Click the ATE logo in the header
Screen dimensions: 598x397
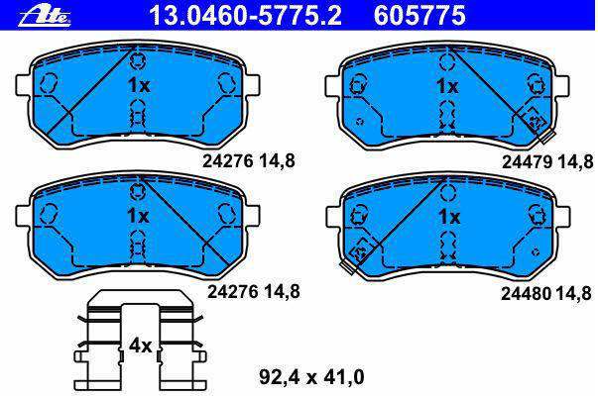tap(45, 17)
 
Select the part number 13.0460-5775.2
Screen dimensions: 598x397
tap(245, 15)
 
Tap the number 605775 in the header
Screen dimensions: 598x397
tap(419, 15)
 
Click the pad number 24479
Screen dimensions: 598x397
tap(527, 162)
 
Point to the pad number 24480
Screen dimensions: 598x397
tap(526, 293)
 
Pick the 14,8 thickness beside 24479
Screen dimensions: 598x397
tap(575, 162)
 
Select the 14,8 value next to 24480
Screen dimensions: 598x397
tap(574, 293)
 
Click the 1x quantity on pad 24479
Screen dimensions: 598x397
tap(447, 86)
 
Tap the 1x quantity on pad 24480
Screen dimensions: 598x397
tap(449, 217)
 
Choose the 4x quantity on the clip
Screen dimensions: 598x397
tap(141, 346)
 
